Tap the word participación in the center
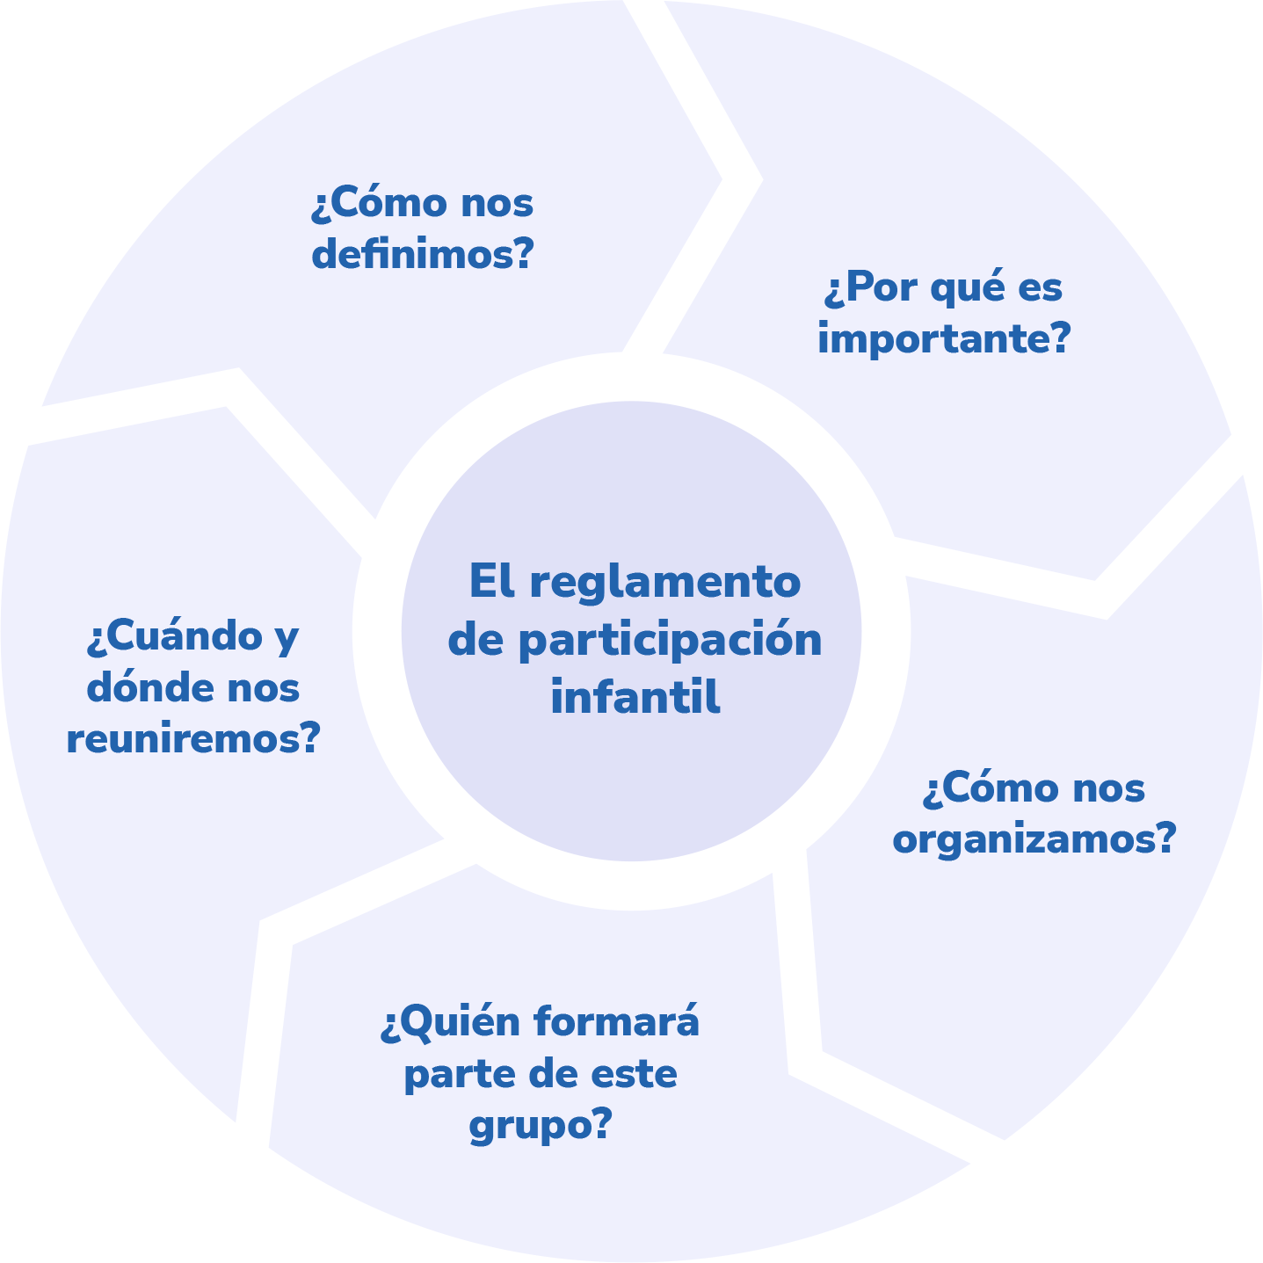click(x=670, y=642)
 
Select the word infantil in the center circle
click(x=635, y=698)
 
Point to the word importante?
click(x=944, y=339)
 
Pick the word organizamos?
click(x=1034, y=839)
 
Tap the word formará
click(x=617, y=1022)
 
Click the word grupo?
click(x=540, y=1124)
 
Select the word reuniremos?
click(x=192, y=739)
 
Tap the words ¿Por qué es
click(x=944, y=289)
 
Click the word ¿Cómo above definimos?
click(x=380, y=204)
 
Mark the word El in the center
click(x=490, y=583)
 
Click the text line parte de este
click(x=540, y=1074)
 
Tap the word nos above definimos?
click(x=497, y=205)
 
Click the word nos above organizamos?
click(x=1107, y=789)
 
